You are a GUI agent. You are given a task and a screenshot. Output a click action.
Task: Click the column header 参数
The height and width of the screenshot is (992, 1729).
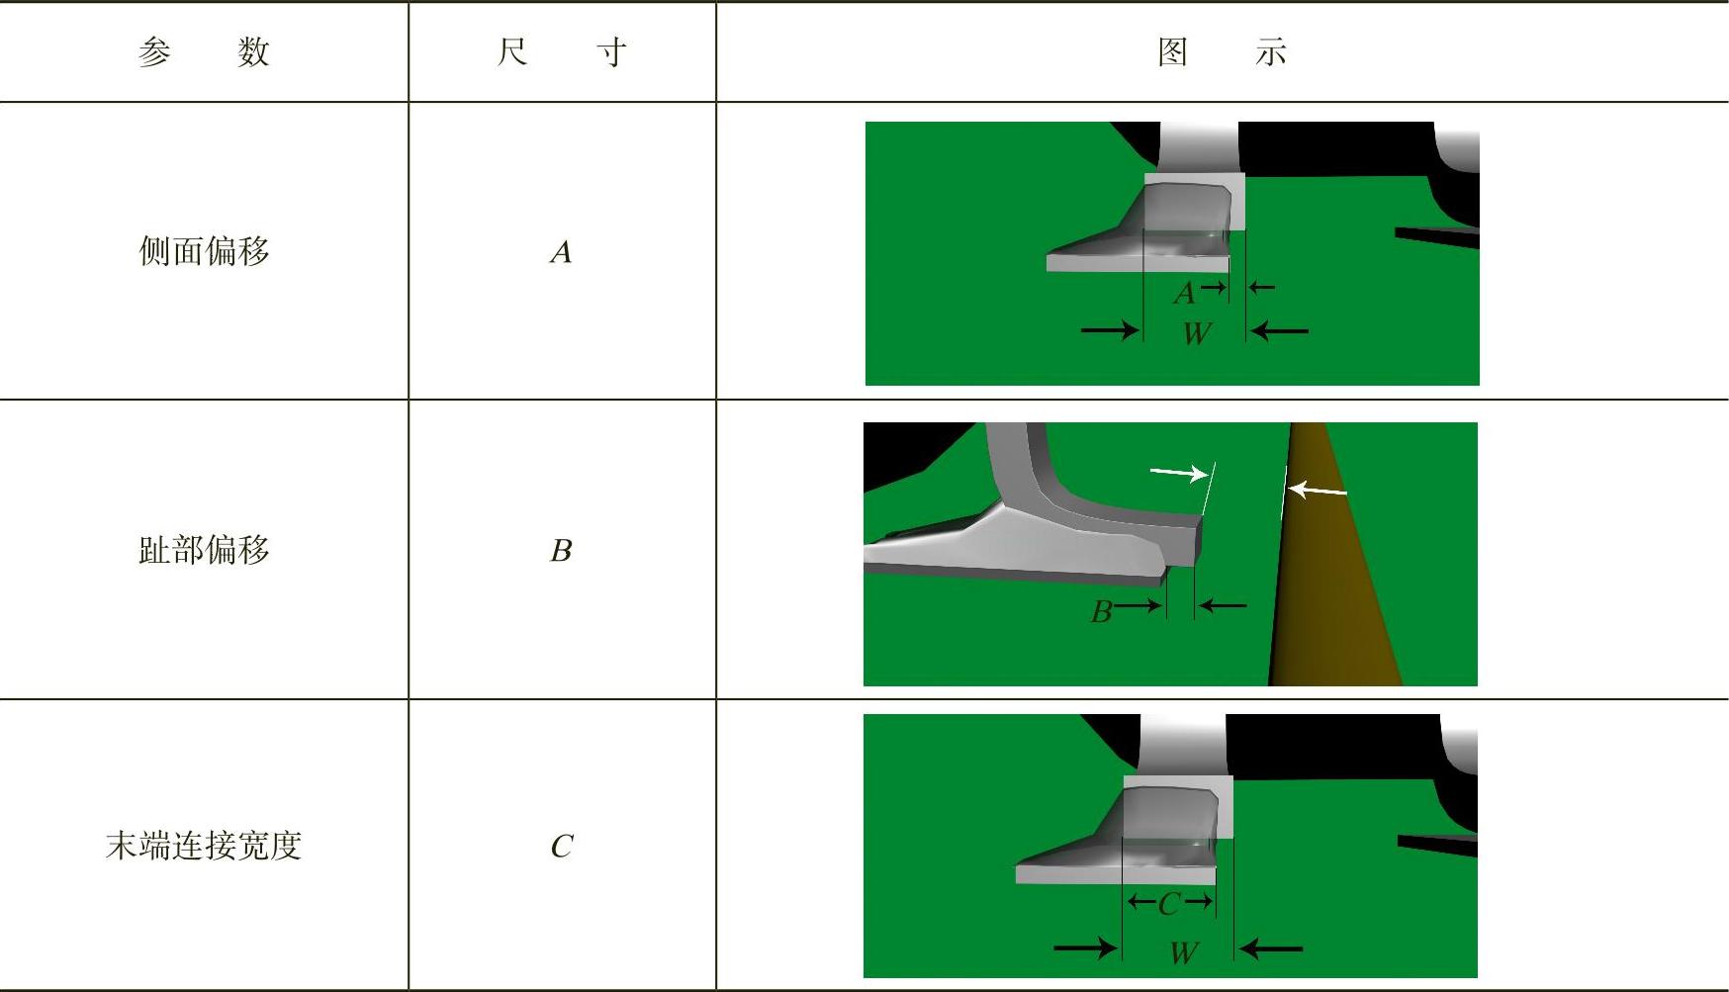(204, 51)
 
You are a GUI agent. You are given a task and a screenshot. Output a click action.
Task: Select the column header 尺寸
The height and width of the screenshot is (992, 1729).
(561, 51)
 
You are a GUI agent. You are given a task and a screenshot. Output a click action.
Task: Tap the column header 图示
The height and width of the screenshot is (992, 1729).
(1223, 51)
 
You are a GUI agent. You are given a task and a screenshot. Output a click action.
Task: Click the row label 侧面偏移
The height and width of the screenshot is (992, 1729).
(204, 251)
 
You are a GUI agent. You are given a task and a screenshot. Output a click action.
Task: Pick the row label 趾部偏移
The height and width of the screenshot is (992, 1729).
(204, 550)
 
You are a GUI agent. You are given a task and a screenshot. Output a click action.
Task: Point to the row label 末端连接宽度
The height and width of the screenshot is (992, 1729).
(204, 846)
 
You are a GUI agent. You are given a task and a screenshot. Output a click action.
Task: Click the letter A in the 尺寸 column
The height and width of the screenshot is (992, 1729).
(561, 252)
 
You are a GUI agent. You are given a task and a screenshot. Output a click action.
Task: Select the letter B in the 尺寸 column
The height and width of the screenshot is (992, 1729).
(561, 550)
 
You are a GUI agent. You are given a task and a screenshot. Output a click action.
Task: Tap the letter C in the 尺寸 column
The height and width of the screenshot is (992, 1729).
(562, 847)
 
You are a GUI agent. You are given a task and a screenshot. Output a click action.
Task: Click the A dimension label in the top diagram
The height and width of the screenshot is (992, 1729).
(1184, 294)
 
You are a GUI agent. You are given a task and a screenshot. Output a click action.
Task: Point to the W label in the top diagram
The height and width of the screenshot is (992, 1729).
(1197, 333)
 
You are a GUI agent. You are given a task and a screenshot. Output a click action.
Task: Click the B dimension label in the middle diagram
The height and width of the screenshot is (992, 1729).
(1101, 612)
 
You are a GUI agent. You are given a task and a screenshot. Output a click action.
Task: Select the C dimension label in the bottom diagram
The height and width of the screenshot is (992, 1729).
(1169, 903)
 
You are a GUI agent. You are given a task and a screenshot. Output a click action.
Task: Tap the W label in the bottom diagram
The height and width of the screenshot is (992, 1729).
(1184, 952)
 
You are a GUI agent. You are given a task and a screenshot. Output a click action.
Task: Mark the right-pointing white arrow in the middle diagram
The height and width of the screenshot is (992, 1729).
(1179, 474)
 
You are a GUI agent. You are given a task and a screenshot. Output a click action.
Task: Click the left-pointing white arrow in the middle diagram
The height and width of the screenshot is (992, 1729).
(1318, 489)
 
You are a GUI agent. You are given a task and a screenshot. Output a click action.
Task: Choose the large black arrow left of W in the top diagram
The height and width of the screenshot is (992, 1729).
(1111, 329)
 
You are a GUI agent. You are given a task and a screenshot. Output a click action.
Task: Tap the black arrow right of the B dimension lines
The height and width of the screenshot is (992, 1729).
(1222, 605)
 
